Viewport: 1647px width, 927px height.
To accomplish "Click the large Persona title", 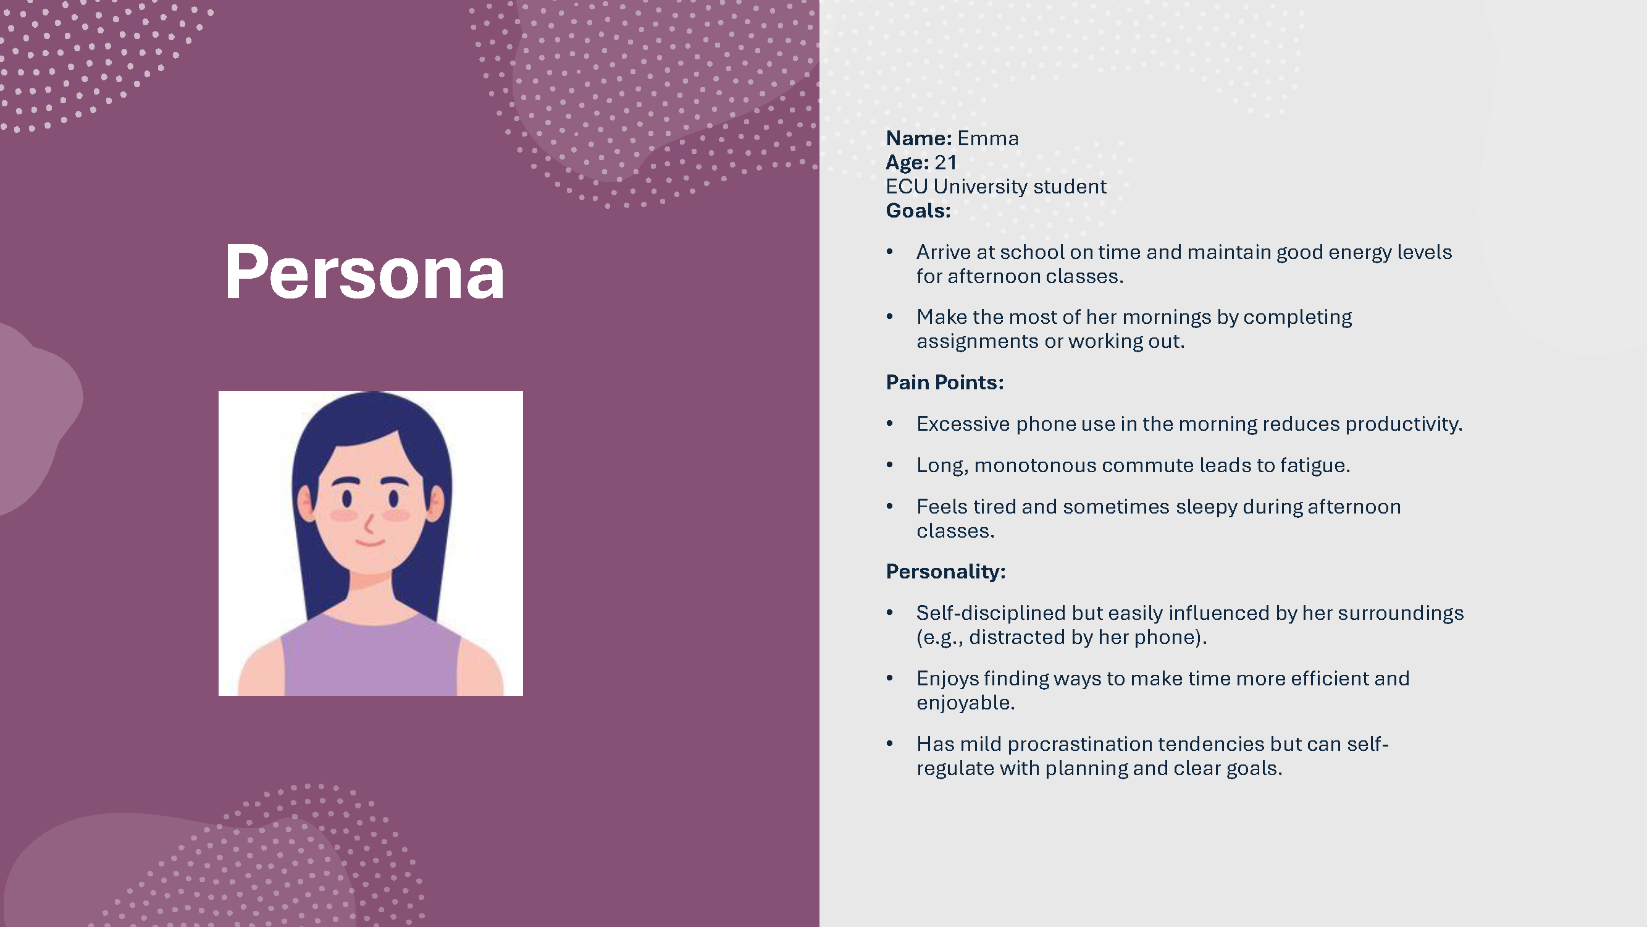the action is (x=364, y=272).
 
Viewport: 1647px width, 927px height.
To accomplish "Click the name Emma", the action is (x=988, y=138).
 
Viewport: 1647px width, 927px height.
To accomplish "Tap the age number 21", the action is (x=945, y=163).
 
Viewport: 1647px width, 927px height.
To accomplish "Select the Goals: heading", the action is (x=918, y=211).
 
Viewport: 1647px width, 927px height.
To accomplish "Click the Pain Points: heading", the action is (x=945, y=382).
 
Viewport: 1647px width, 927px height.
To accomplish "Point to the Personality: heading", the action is (x=945, y=571).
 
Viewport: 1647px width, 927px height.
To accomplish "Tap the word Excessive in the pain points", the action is (x=963, y=423).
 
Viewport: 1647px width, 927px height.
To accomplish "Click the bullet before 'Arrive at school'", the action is (x=889, y=252).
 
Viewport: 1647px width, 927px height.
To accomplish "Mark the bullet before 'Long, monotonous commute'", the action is (x=889, y=465).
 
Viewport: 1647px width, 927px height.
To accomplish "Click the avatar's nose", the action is (x=369, y=524).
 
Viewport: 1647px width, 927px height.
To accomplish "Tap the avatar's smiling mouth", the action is (x=370, y=543).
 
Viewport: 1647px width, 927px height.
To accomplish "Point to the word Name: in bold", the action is (x=919, y=138).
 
